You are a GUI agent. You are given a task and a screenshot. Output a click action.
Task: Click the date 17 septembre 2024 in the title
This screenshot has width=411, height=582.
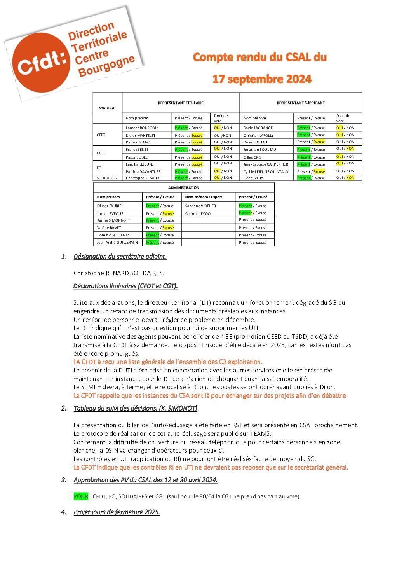[x=261, y=79]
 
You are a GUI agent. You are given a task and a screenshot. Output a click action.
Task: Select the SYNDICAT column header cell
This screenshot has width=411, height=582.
[x=107, y=108]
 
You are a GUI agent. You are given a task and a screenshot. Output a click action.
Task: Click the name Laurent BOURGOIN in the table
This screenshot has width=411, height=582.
[x=142, y=128]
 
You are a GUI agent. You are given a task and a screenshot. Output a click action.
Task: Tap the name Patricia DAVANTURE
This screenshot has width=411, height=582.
[x=143, y=171]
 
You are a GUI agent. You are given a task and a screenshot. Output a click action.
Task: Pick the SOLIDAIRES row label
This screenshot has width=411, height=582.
[x=106, y=178]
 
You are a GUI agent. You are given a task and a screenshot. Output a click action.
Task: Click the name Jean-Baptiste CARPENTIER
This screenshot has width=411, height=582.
[x=266, y=164]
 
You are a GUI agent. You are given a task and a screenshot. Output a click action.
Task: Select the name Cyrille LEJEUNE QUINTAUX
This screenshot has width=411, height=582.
[x=266, y=171]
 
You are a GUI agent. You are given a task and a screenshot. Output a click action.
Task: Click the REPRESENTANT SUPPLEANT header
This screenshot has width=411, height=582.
[x=300, y=103]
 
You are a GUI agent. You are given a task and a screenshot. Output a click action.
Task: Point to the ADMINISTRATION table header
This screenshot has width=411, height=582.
[x=183, y=188]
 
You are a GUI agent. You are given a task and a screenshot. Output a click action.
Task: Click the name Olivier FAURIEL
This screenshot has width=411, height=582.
[x=110, y=206]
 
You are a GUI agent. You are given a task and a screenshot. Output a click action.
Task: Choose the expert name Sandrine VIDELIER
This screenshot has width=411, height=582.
[x=200, y=206]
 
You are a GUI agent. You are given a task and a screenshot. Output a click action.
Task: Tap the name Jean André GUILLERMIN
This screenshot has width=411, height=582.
[x=117, y=243]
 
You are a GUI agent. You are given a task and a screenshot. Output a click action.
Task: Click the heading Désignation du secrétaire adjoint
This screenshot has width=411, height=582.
[x=120, y=257]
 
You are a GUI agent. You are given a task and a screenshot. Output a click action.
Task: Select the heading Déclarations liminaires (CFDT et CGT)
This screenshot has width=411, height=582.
[x=125, y=286]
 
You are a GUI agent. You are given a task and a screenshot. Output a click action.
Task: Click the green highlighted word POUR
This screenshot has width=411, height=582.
[x=81, y=496]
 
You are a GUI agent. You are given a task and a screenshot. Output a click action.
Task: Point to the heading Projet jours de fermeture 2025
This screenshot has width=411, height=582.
[x=117, y=512]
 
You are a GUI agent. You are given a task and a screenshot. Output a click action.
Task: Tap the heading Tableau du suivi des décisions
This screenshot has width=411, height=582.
[x=135, y=409]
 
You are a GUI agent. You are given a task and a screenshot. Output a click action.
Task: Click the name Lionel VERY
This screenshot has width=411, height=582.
[x=253, y=178]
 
